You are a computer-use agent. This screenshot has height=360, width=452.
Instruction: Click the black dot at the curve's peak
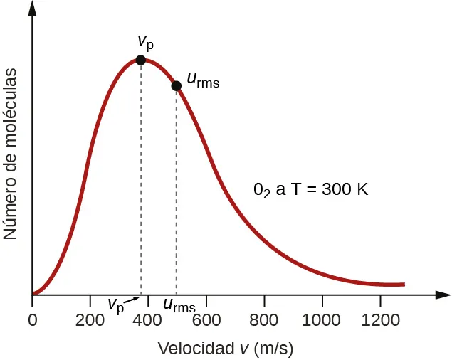pyautogui.click(x=141, y=60)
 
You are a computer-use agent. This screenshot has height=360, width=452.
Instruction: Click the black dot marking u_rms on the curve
pyautogui.click(x=177, y=86)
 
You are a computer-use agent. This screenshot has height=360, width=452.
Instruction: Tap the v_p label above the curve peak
pyautogui.click(x=145, y=41)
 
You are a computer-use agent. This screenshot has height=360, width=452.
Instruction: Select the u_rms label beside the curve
pyautogui.click(x=202, y=79)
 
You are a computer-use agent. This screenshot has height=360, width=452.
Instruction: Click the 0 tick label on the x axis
pyautogui.click(x=32, y=319)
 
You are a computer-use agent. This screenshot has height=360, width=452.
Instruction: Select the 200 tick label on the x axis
pyautogui.click(x=90, y=319)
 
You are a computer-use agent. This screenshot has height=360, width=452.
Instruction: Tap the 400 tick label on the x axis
pyautogui.click(x=148, y=319)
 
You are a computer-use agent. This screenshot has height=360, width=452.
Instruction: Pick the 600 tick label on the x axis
pyautogui.click(x=206, y=319)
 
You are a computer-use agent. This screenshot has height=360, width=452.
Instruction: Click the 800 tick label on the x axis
pyautogui.click(x=264, y=319)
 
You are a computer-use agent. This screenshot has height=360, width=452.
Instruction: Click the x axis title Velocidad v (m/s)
pyautogui.click(x=225, y=349)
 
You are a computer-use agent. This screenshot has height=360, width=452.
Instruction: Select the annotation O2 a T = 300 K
pyautogui.click(x=310, y=190)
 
